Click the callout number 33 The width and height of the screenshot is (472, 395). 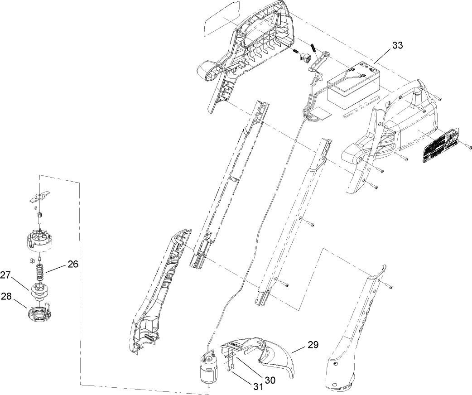click(x=397, y=46)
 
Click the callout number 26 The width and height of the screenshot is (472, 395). click(x=73, y=263)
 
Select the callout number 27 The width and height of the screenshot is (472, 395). click(x=5, y=275)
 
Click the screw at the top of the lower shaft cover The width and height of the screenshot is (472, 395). click(x=390, y=286)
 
